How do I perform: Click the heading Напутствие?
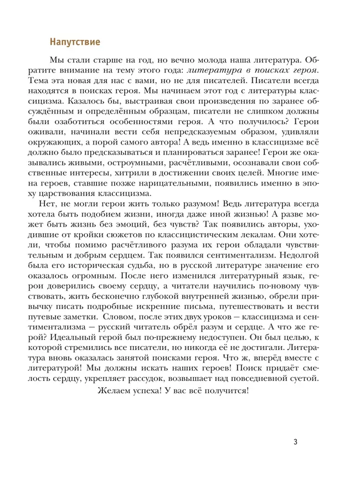pos(75,42)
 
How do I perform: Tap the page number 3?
pos(296,441)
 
